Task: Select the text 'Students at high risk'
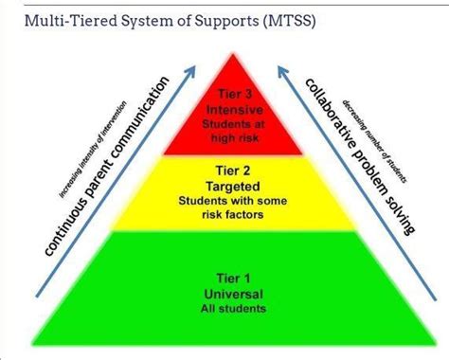pyautogui.click(x=225, y=132)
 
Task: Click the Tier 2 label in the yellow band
pyautogui.click(x=225, y=171)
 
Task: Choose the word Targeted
pyautogui.click(x=225, y=188)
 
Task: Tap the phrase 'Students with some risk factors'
pyautogui.click(x=225, y=208)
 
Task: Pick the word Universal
pyautogui.click(x=225, y=294)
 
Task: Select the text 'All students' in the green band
pyautogui.click(x=225, y=309)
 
